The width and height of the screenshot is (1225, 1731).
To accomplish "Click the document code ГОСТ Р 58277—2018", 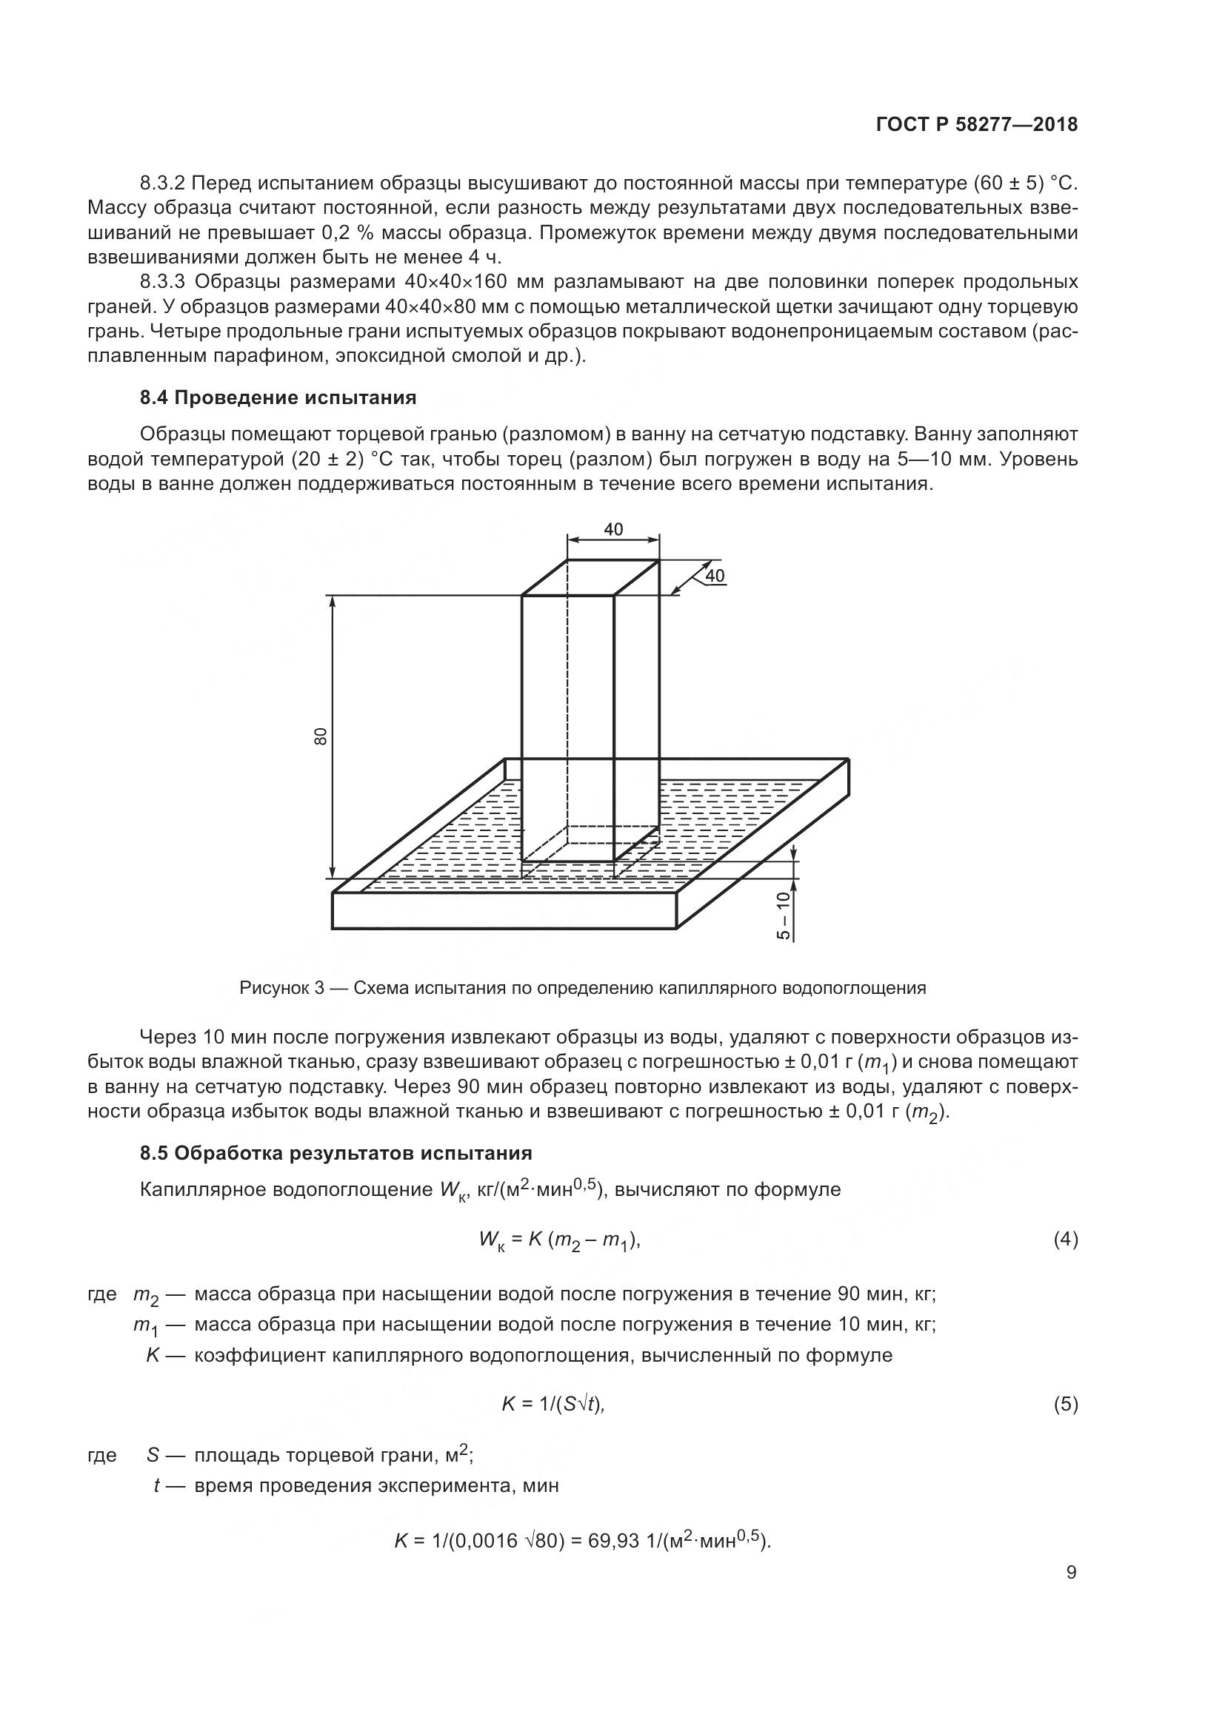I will [x=977, y=125].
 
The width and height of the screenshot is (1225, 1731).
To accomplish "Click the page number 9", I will [x=1071, y=1573].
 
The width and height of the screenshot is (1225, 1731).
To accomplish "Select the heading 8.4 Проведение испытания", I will [x=278, y=397].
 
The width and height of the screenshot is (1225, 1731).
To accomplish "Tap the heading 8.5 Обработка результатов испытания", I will [x=336, y=1153].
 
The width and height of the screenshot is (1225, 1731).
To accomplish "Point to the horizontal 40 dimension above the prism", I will [x=613, y=529].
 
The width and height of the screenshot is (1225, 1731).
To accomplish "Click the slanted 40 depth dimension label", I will [x=714, y=577].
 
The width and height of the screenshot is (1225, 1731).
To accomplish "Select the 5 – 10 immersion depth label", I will [x=783, y=915].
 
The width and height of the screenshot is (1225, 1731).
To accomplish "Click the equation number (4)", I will [x=1065, y=1240].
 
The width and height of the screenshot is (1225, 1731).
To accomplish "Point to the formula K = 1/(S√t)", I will [x=553, y=1404].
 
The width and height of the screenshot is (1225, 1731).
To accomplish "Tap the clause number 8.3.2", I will [x=162, y=184].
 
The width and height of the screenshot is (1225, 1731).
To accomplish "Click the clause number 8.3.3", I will [x=162, y=282].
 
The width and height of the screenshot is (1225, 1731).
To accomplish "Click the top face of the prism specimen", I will [x=590, y=578].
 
